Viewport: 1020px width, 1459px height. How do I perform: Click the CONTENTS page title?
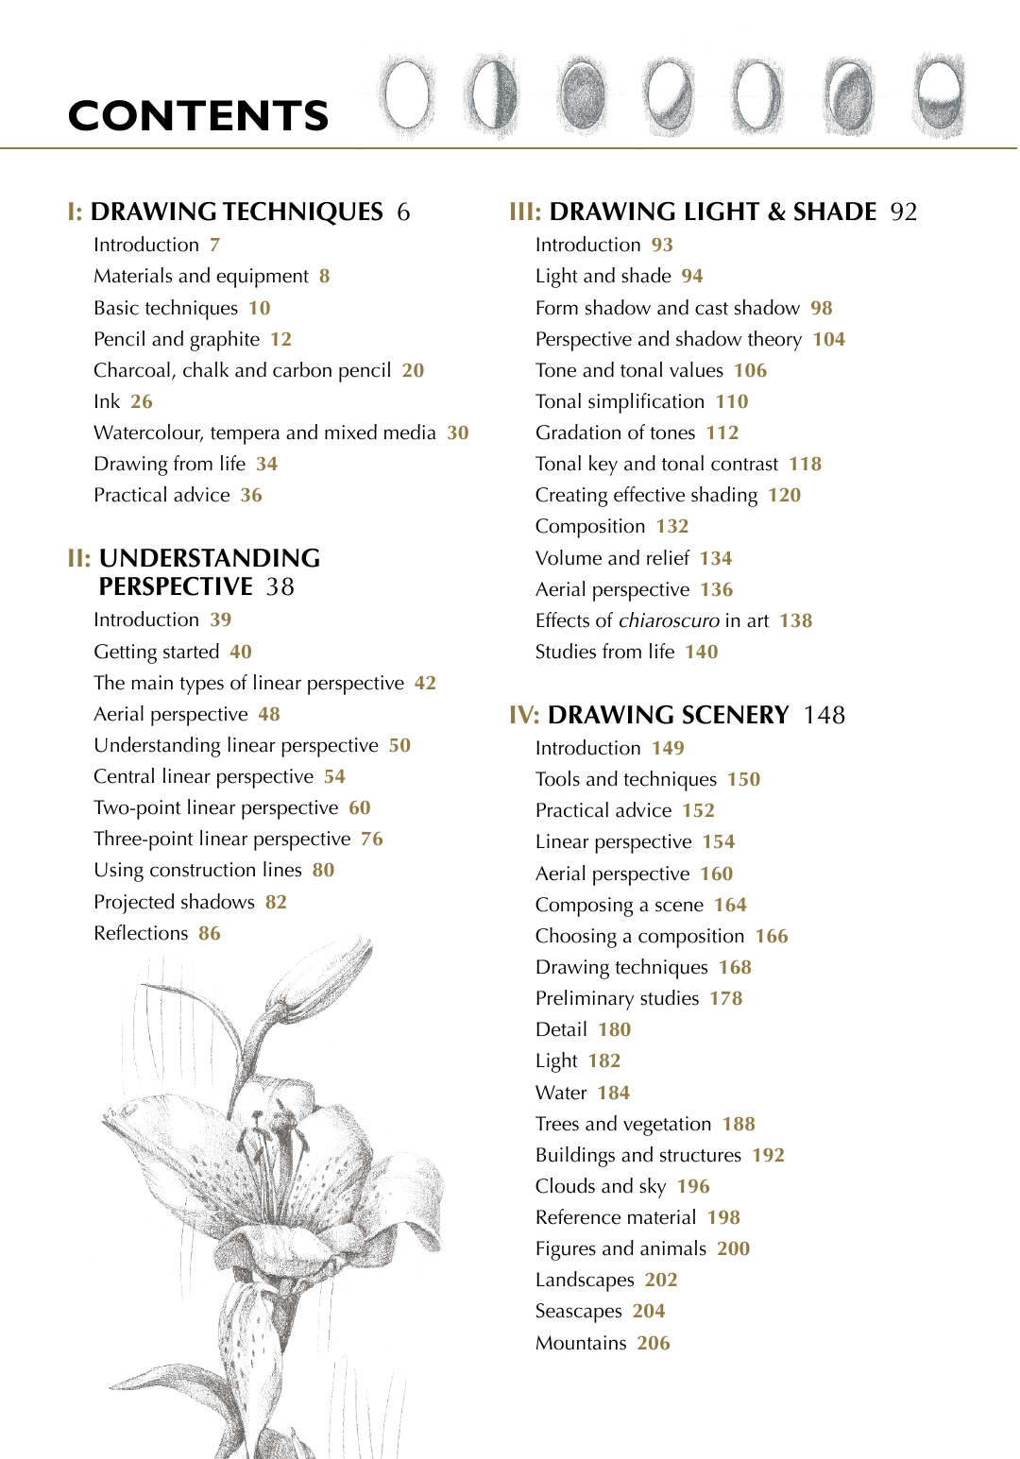[x=198, y=116]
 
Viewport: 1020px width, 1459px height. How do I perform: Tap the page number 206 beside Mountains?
[x=653, y=1343]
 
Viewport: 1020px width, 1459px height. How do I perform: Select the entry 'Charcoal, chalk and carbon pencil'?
[x=242, y=370]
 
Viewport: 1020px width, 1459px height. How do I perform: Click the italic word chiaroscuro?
[x=669, y=620]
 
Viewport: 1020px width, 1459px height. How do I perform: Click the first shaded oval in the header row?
[x=406, y=95]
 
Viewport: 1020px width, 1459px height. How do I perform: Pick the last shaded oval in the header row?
[x=939, y=95]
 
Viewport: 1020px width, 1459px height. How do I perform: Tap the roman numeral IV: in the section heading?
[x=524, y=715]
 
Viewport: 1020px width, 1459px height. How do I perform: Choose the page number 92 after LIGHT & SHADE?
[x=904, y=212]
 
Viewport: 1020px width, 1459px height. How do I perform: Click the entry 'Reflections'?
[x=141, y=933]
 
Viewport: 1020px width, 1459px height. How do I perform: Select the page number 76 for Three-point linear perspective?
[x=371, y=839]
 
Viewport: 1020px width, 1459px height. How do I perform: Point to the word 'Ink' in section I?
[x=107, y=401]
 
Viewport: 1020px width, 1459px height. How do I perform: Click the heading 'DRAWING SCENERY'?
[x=668, y=715]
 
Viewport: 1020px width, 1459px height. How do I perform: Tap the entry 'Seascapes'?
[x=578, y=1311]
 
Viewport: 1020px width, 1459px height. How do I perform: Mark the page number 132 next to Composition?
[x=672, y=526]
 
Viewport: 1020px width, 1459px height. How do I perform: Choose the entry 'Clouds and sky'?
[x=600, y=1186]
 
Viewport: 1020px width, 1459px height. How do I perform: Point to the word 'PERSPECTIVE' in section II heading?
[x=176, y=586]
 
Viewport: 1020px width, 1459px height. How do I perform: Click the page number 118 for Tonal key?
[x=805, y=464]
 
